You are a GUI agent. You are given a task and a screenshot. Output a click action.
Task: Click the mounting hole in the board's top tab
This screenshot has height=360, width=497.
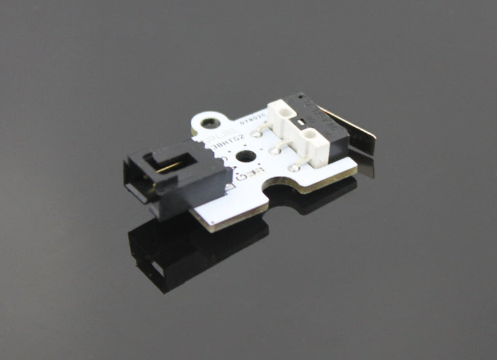210,123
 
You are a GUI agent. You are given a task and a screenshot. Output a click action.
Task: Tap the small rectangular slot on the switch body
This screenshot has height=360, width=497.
301,123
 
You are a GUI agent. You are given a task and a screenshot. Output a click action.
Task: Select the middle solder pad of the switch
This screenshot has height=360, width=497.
276,150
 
